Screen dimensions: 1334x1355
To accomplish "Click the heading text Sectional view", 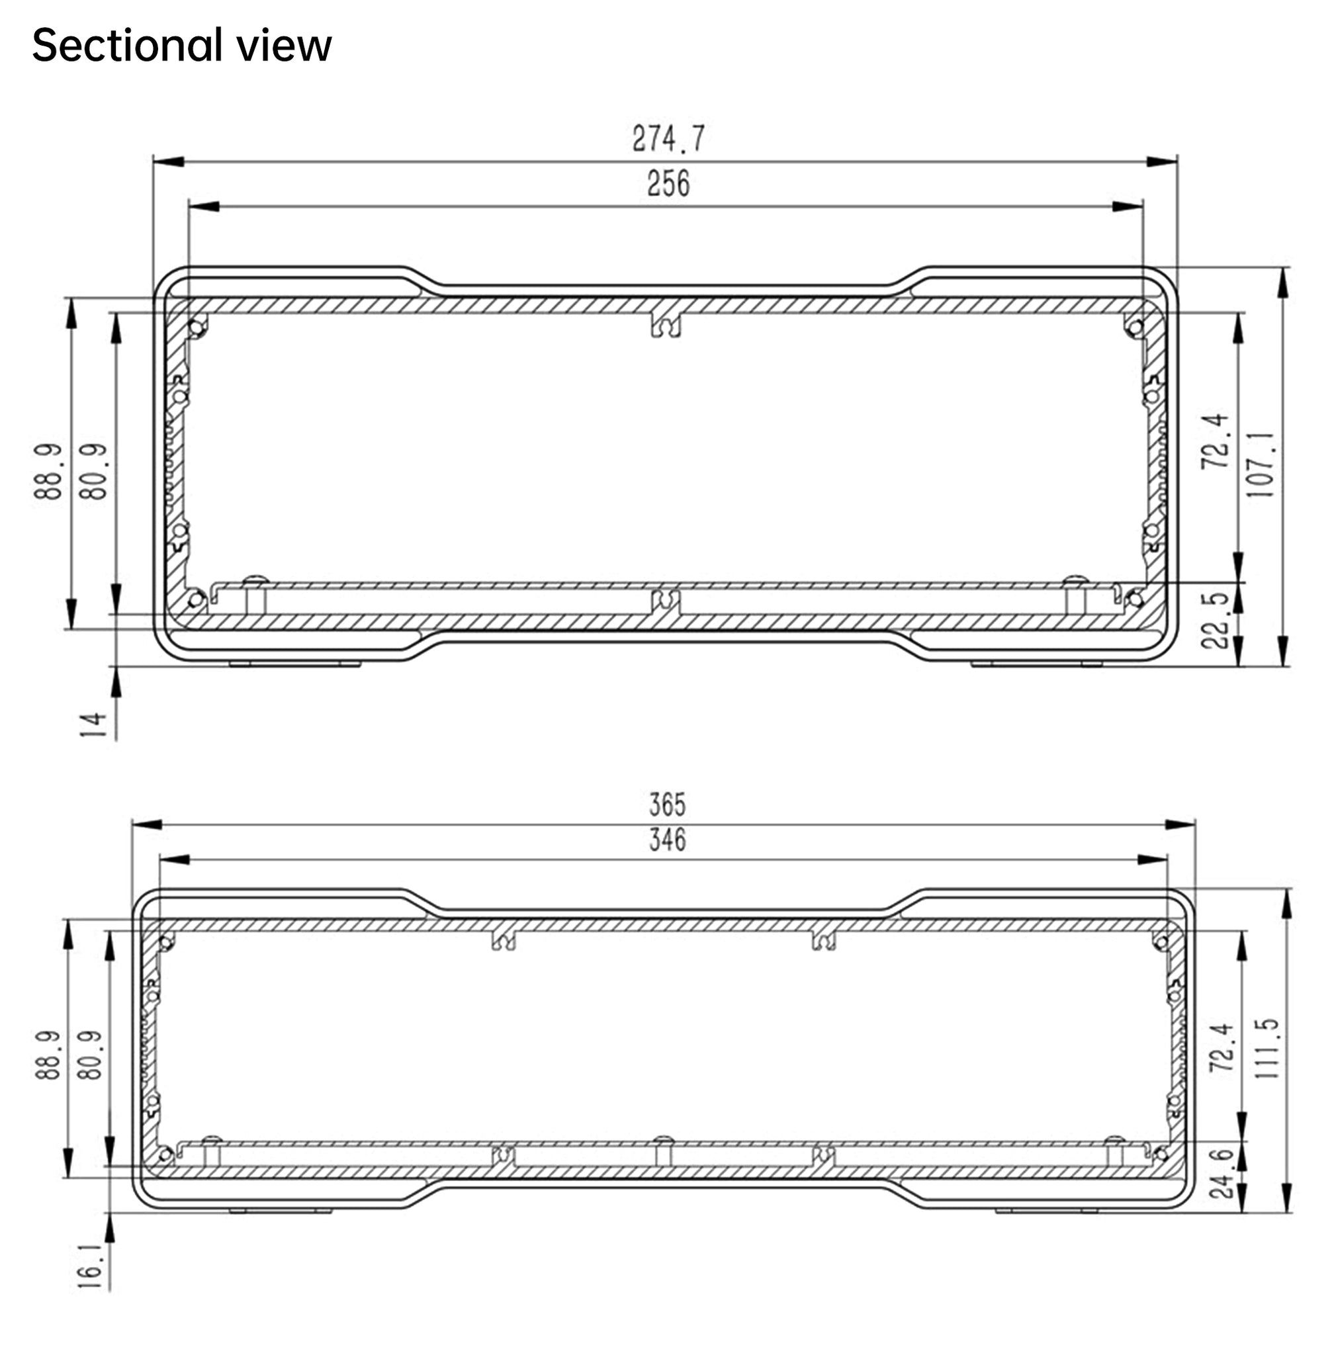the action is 181,46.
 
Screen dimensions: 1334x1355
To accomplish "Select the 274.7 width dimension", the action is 668,138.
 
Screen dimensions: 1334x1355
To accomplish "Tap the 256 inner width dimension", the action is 668,183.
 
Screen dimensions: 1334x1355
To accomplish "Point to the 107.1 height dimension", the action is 1262,463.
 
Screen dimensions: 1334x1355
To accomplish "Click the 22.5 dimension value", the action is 1216,621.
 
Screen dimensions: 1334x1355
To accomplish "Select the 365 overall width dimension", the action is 667,805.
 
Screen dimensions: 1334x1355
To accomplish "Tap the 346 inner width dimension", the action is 667,840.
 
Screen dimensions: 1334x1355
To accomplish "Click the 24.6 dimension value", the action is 1222,1174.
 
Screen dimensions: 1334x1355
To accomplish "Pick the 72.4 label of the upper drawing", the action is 1216,441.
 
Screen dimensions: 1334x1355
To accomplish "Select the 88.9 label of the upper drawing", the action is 48,472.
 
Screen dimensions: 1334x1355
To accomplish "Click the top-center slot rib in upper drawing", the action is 666,324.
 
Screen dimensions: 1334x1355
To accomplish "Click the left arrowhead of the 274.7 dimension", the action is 168,162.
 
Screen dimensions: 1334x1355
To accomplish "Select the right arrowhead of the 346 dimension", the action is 1153,859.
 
